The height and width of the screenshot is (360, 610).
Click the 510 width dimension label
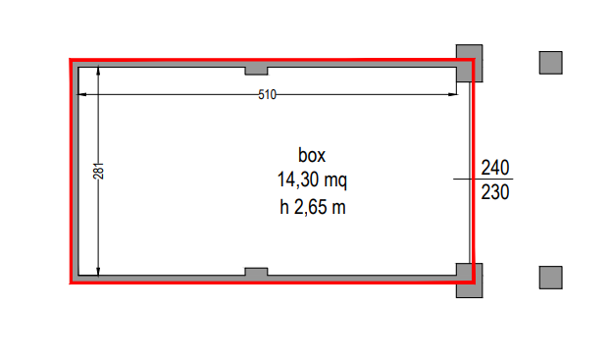pyautogui.click(x=268, y=94)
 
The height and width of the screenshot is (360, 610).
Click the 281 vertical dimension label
pyautogui.click(x=98, y=171)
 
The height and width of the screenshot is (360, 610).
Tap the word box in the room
pyautogui.click(x=312, y=155)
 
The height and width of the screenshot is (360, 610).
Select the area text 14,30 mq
pyautogui.click(x=312, y=180)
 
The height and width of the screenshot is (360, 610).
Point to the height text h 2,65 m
pyautogui.click(x=313, y=207)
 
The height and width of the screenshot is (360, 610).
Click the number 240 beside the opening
pyautogui.click(x=495, y=168)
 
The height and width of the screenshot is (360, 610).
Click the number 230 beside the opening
pyautogui.click(x=495, y=192)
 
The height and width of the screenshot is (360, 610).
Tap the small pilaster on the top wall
pyautogui.click(x=256, y=71)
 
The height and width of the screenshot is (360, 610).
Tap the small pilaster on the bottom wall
pyautogui.click(x=256, y=272)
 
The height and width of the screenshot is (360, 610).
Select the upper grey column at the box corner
pyautogui.click(x=469, y=63)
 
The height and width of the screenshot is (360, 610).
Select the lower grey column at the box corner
pyautogui.click(x=469, y=281)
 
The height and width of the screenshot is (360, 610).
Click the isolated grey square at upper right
pyautogui.click(x=551, y=63)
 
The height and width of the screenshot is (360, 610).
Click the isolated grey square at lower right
pyautogui.click(x=551, y=278)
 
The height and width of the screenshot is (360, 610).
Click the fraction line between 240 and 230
pyautogui.click(x=483, y=180)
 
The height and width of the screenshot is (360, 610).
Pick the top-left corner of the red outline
pyautogui.click(x=71, y=60)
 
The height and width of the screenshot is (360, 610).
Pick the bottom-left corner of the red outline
pyautogui.click(x=71, y=283)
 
